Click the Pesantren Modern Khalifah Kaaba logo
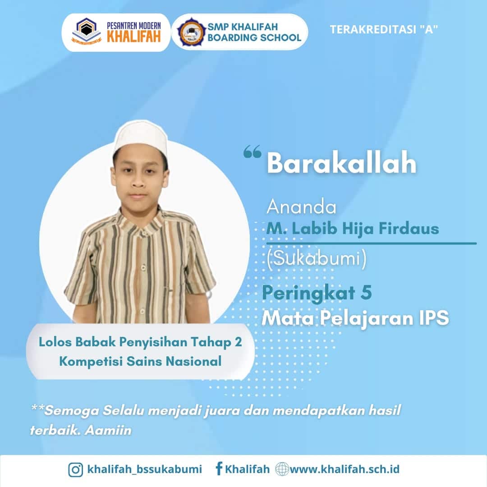click(x=87, y=31)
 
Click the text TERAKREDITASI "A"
click(x=384, y=29)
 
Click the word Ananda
click(x=301, y=207)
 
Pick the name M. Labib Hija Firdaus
click(x=353, y=229)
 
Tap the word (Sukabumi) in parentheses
click(x=317, y=258)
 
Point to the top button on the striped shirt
click(x=143, y=233)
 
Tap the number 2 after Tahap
click(x=238, y=342)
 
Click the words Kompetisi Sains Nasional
click(x=140, y=362)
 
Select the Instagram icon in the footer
click(x=75, y=469)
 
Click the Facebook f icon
click(x=219, y=469)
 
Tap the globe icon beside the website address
click(x=282, y=469)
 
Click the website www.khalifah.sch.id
click(x=345, y=469)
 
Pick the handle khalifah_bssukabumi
click(x=144, y=469)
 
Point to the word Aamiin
click(x=108, y=431)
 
